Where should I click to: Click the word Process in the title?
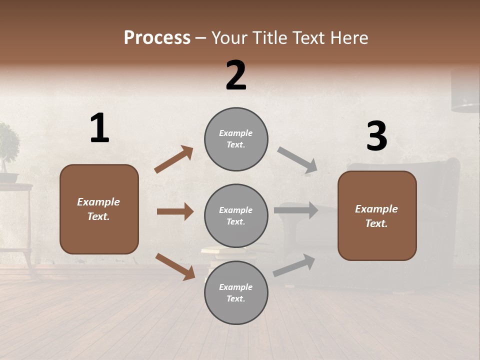[x=157, y=37]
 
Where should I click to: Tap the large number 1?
[x=99, y=128]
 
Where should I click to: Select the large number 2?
[x=236, y=75]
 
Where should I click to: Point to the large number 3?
[x=376, y=136]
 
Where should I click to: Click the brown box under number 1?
[x=99, y=209]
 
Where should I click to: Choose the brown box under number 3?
[x=377, y=215]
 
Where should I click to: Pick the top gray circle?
[x=236, y=139]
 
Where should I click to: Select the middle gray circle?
[x=236, y=215]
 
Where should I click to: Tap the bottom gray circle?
[x=236, y=292]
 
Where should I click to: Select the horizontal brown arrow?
[x=175, y=211]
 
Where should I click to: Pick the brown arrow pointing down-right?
[x=175, y=266]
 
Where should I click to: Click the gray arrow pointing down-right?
[x=297, y=160]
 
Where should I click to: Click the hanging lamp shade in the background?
[x=465, y=92]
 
